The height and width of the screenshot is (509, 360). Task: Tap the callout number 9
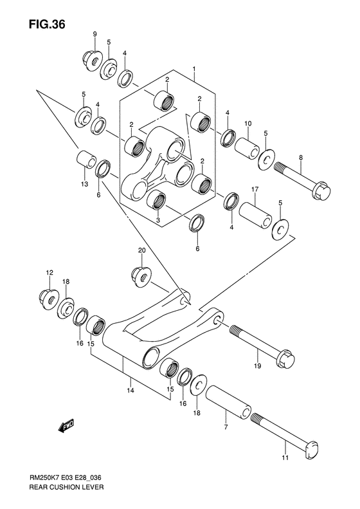point(94,33)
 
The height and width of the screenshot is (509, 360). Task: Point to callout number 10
point(247,123)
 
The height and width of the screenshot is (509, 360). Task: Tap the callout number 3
point(158,220)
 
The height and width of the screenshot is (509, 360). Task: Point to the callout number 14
point(130,391)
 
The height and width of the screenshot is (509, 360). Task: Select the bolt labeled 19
point(262,342)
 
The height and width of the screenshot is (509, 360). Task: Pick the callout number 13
point(84,184)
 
